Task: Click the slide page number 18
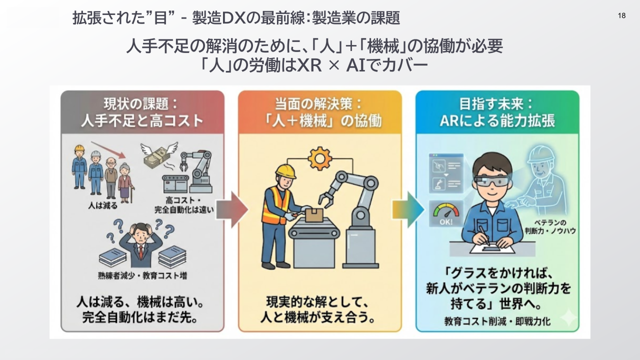[x=621, y=15]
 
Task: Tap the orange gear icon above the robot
[x=319, y=158]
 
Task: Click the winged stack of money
[x=158, y=155]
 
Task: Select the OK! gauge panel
[x=446, y=213]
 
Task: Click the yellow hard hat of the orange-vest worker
[x=285, y=171]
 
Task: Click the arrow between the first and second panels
[x=231, y=209]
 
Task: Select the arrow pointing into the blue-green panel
[x=408, y=209]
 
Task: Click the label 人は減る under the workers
[x=103, y=205]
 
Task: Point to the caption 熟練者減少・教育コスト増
[x=142, y=275]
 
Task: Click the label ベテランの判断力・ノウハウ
[x=550, y=227]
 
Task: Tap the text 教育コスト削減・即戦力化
[x=497, y=321]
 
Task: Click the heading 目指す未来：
[x=496, y=104]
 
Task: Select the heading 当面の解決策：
[x=319, y=104]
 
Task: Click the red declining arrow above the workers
[x=108, y=149]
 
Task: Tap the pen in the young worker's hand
[x=484, y=235]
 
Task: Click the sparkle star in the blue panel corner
[x=568, y=316]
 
